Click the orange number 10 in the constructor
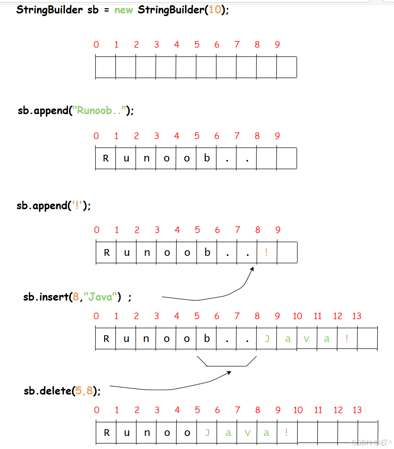click(x=215, y=10)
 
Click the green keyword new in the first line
click(x=123, y=10)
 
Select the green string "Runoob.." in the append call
click(x=100, y=110)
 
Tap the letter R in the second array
click(x=106, y=158)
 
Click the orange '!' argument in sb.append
click(x=77, y=205)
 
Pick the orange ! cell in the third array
click(x=266, y=252)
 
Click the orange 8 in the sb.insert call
click(x=75, y=297)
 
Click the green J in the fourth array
click(x=267, y=339)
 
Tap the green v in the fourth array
click(x=306, y=339)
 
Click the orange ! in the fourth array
click(x=347, y=339)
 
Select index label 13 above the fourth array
click(x=357, y=316)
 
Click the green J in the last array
click(x=207, y=433)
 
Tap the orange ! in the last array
click(x=286, y=433)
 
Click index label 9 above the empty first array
click(x=277, y=45)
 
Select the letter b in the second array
click(x=207, y=158)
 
